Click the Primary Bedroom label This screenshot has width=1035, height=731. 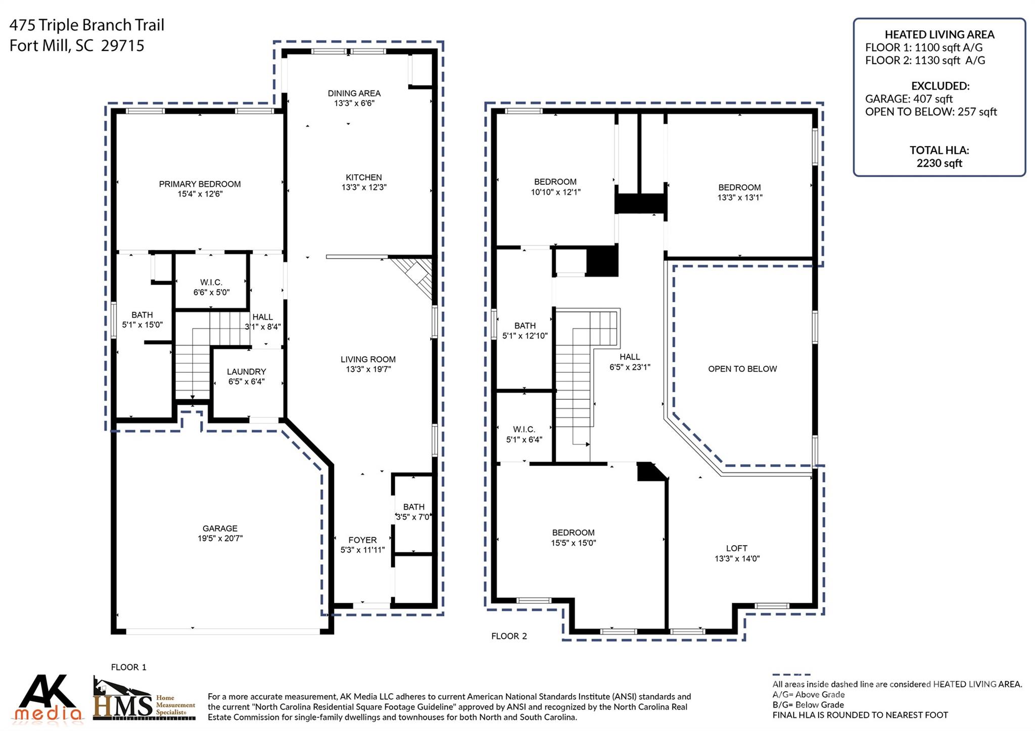[200, 184]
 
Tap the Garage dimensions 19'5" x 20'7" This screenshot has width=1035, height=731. [220, 539]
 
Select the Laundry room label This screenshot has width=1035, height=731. [246, 371]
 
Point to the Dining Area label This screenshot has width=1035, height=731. [354, 93]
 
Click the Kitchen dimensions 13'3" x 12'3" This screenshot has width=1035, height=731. [363, 187]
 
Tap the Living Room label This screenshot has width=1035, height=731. [367, 359]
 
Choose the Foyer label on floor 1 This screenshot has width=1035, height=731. [362, 540]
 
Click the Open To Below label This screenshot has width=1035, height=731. [742, 369]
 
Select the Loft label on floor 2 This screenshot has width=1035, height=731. [736, 548]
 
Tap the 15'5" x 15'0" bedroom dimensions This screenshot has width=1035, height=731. [573, 543]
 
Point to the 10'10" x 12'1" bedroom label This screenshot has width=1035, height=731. [555, 182]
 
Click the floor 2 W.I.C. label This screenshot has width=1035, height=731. [524, 429]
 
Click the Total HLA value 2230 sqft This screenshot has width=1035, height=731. [939, 163]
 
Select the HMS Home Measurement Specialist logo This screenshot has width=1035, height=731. [144, 700]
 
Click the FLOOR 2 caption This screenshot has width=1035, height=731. [509, 636]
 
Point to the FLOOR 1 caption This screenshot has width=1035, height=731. [128, 667]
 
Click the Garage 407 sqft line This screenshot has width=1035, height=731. [908, 99]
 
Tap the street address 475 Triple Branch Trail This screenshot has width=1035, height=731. [87, 25]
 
